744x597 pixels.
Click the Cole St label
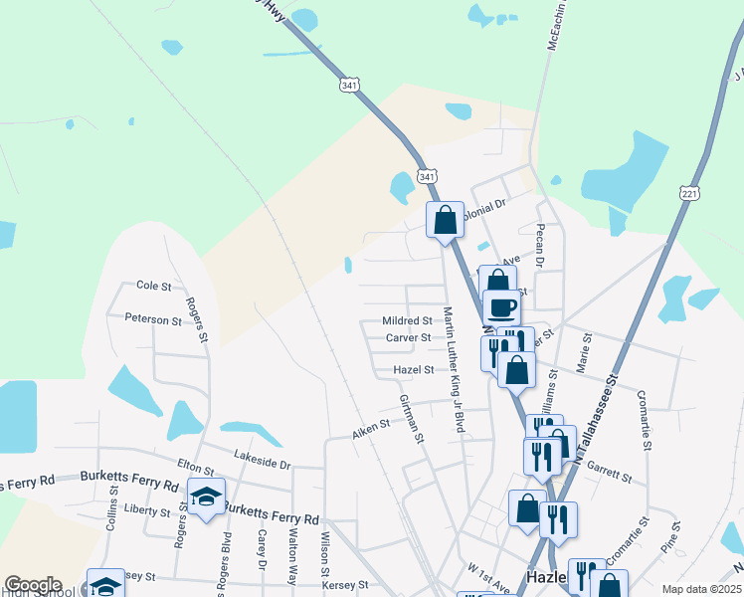[153, 286]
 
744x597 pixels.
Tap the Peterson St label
[153, 319]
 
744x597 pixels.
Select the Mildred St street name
[407, 321]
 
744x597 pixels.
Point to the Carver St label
[408, 337]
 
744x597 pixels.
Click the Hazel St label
[414, 369]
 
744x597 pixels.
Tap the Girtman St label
[412, 418]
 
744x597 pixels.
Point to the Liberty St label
[146, 508]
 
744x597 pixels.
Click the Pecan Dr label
[540, 245]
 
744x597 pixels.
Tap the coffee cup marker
[501, 305]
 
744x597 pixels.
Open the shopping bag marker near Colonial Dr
[445, 219]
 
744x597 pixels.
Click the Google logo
[33, 585]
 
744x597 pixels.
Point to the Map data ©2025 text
[700, 589]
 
